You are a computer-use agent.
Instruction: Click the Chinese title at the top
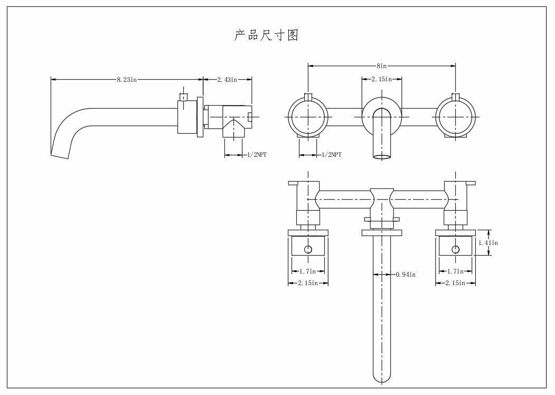[266, 35]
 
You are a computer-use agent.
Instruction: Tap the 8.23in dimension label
[127, 80]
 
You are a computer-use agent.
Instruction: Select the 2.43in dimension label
[227, 80]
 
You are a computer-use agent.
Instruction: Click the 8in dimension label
[382, 66]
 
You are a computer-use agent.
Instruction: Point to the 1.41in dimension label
[488, 243]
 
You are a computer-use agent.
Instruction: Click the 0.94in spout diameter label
[406, 274]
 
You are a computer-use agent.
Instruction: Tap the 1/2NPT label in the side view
[257, 155]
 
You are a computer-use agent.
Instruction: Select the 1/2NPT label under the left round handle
[332, 155]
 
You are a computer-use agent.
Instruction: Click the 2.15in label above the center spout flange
[382, 79]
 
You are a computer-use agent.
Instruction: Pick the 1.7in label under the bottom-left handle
[307, 271]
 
